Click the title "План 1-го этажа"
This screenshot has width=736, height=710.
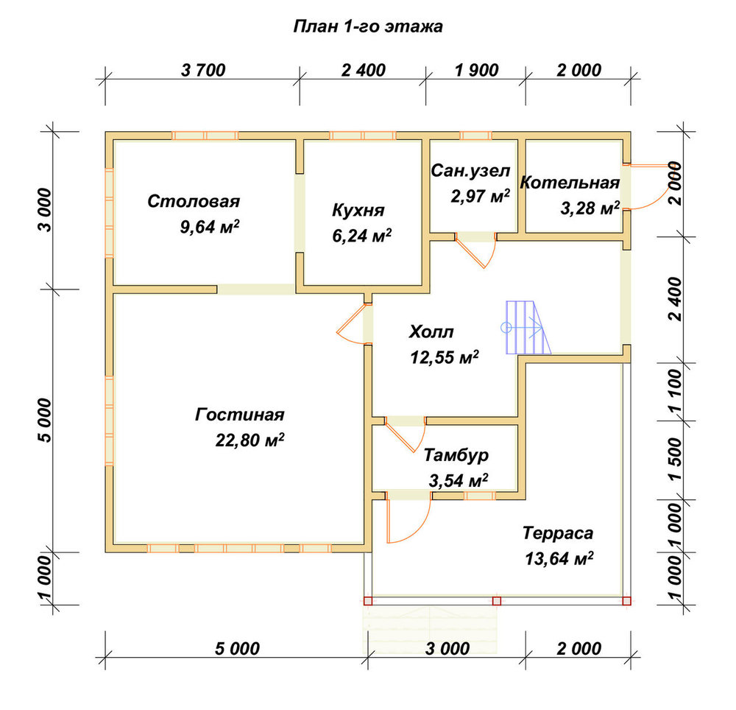[x=368, y=27]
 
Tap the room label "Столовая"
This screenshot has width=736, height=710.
[x=194, y=202]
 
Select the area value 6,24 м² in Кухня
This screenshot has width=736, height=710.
[x=362, y=235]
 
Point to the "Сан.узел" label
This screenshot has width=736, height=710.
[x=470, y=171]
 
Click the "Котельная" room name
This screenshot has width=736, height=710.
[x=570, y=183]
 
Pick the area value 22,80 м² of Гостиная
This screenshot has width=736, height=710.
[x=250, y=440]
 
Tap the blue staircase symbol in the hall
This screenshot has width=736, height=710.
[x=528, y=327]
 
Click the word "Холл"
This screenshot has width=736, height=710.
[x=431, y=332]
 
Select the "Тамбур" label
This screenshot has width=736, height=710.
[x=456, y=455]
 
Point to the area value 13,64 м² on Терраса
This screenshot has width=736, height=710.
[x=559, y=558]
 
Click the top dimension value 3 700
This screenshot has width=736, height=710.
[x=203, y=71]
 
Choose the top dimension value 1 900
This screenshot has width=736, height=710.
[x=476, y=71]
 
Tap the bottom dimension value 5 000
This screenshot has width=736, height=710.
[x=237, y=649]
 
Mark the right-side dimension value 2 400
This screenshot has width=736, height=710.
[x=675, y=298]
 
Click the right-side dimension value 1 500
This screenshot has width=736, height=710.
[x=675, y=460]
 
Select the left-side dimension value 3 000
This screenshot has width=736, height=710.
[x=46, y=210]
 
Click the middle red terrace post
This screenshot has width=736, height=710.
[x=497, y=601]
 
